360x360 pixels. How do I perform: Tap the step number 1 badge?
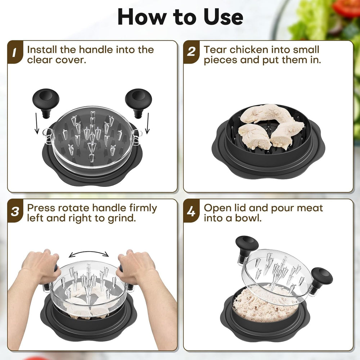[x=15, y=53]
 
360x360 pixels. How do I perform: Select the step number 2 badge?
[x=191, y=53]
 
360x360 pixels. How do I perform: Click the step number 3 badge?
[x=15, y=211]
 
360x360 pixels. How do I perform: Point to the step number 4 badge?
[x=191, y=211]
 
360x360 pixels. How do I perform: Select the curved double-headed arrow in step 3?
[x=89, y=254]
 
